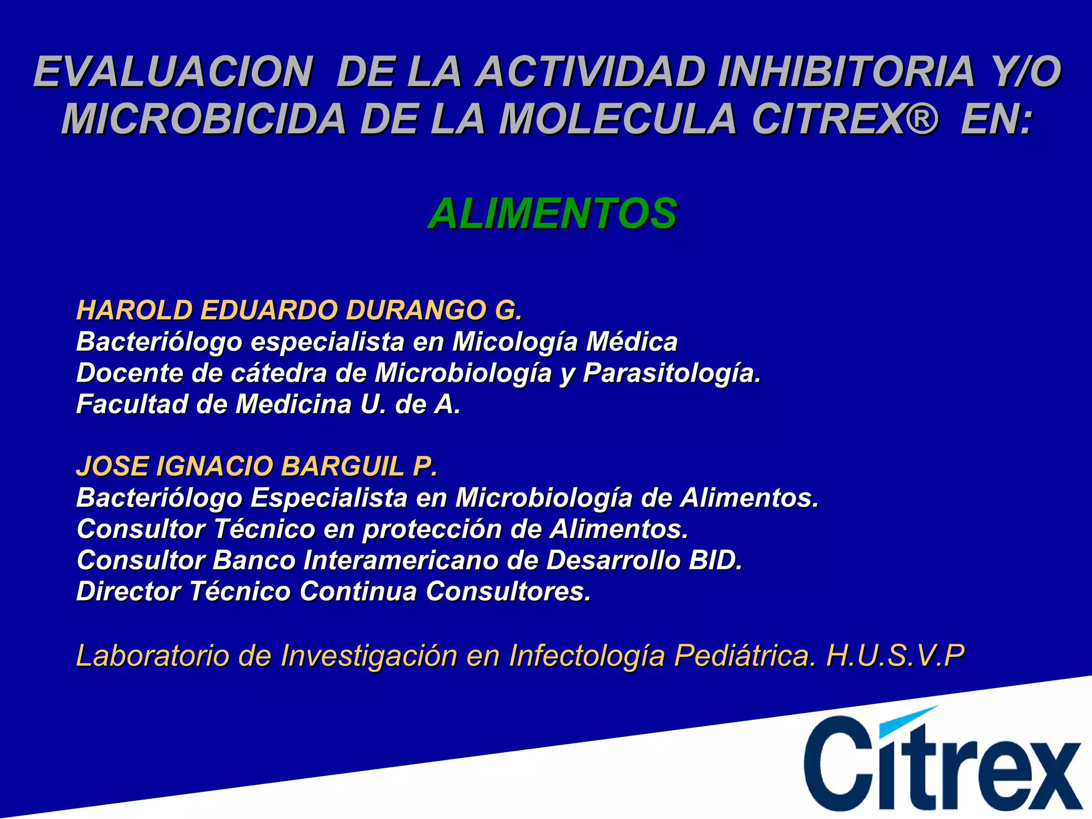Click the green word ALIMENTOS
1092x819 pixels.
pyautogui.click(x=552, y=214)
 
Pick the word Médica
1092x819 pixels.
pyautogui.click(x=632, y=342)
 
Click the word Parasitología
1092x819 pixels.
pyautogui.click(x=671, y=373)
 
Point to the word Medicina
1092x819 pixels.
pyautogui.click(x=293, y=404)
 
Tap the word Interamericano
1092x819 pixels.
pyautogui.click(x=400, y=560)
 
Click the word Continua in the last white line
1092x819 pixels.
pyautogui.click(x=358, y=591)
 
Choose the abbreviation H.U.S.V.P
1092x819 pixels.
pyautogui.click(x=895, y=655)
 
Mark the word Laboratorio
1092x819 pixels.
pyautogui.click(x=152, y=655)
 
